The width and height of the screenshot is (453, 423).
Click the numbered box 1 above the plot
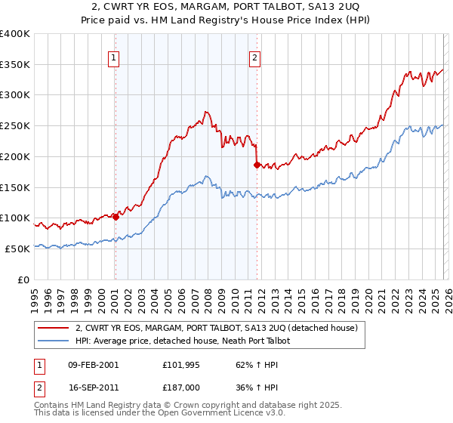(x=114, y=57)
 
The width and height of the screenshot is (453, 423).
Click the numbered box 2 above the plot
(x=255, y=57)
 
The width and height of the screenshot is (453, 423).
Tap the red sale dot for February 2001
(x=116, y=217)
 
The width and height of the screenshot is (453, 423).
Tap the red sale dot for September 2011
(x=257, y=164)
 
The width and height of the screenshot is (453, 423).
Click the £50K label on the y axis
(x=17, y=249)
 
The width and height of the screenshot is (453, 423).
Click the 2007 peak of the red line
(x=205, y=113)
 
